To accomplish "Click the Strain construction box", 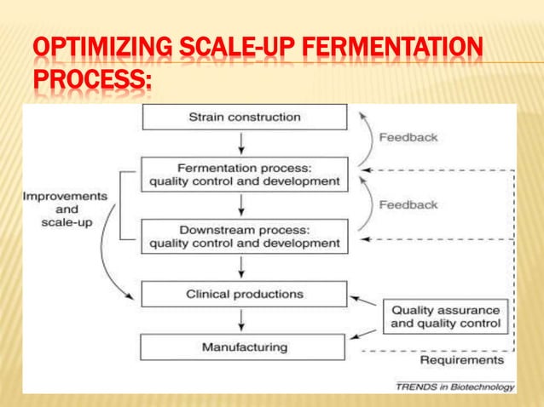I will tap(245, 117).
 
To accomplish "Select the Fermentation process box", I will tap(245, 175).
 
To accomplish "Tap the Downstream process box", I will tap(245, 237).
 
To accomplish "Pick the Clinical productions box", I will tap(245, 294).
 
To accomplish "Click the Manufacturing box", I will tap(245, 347).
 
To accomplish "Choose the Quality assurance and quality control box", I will tap(445, 317).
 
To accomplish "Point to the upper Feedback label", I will tap(408, 137).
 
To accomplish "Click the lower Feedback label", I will tap(408, 204).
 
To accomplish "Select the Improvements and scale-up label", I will tap(65, 209).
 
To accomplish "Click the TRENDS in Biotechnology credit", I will tap(454, 387).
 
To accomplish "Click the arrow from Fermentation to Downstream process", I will tap(244, 204).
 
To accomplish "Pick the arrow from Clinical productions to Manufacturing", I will tap(244, 321).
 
